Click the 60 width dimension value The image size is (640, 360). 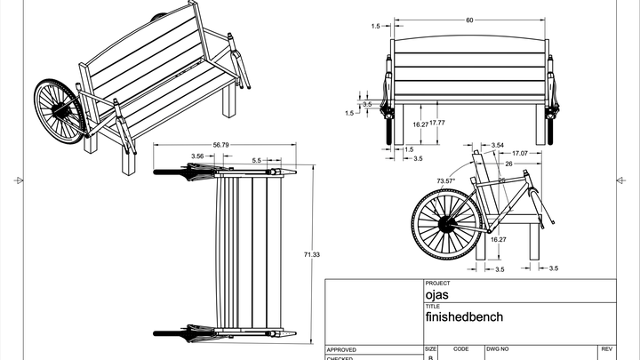click(x=469, y=20)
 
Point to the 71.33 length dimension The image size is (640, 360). click(x=312, y=255)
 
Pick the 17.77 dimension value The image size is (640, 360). click(x=436, y=124)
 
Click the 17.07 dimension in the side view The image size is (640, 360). click(x=521, y=153)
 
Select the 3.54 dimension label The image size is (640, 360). click(x=498, y=144)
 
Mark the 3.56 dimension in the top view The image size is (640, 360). click(x=197, y=156)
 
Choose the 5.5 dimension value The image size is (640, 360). click(x=256, y=160)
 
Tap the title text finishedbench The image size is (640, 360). click(x=464, y=316)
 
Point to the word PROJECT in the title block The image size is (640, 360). click(x=438, y=284)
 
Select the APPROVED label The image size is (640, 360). click(x=342, y=349)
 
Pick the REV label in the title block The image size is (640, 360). click(x=607, y=349)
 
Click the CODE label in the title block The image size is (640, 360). click(x=460, y=349)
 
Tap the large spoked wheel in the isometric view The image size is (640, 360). click(x=58, y=111)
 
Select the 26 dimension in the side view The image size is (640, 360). click(x=508, y=164)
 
